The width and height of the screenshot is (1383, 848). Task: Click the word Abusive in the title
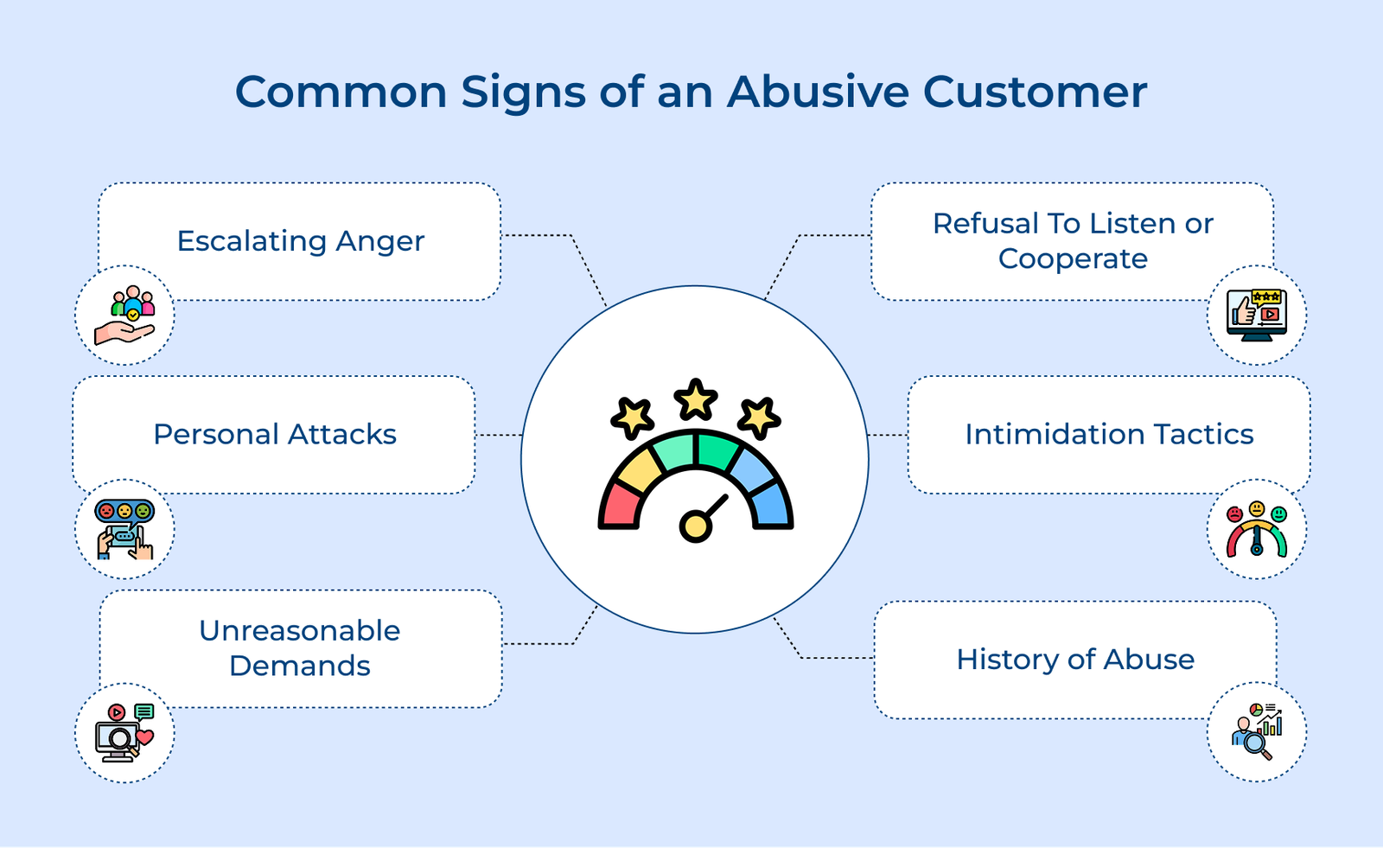click(818, 92)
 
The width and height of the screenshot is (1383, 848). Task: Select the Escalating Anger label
click(301, 241)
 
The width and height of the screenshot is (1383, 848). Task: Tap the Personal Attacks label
click(275, 434)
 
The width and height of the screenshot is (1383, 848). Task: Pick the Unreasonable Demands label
click(300, 648)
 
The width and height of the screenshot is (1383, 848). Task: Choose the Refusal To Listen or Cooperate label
click(1073, 241)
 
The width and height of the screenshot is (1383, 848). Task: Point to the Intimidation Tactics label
click(1110, 434)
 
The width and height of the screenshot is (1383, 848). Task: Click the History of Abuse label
click(1075, 659)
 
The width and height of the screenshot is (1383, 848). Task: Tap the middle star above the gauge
click(696, 399)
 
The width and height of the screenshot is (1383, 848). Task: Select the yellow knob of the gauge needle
click(696, 526)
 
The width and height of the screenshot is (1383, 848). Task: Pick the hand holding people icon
click(124, 315)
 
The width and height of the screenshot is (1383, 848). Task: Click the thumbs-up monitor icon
click(1257, 315)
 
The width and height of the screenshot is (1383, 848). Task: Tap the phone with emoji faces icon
click(124, 529)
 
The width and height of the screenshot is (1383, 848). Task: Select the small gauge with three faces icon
click(1257, 529)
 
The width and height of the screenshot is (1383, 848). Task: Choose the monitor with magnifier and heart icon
click(124, 732)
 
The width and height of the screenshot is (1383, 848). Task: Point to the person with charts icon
click(1257, 732)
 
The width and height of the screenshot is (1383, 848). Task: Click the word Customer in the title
click(1035, 92)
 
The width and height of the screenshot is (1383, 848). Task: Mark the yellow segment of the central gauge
click(641, 470)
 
